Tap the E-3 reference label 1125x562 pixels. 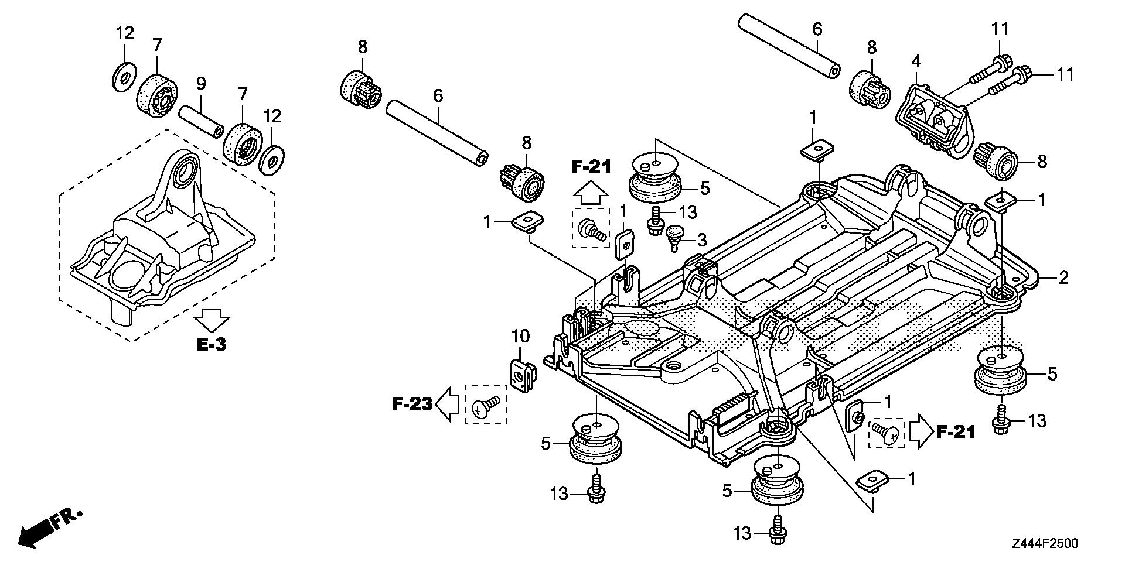(x=211, y=344)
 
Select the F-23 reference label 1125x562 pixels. (x=412, y=403)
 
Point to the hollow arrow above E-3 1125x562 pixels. (x=212, y=320)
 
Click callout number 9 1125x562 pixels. (x=201, y=83)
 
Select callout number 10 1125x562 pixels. (x=520, y=336)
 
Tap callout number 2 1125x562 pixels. (x=1063, y=277)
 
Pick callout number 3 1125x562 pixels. (x=701, y=239)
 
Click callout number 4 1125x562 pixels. (x=916, y=61)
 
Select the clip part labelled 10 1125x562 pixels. (x=521, y=375)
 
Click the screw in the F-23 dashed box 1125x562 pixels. (x=485, y=405)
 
